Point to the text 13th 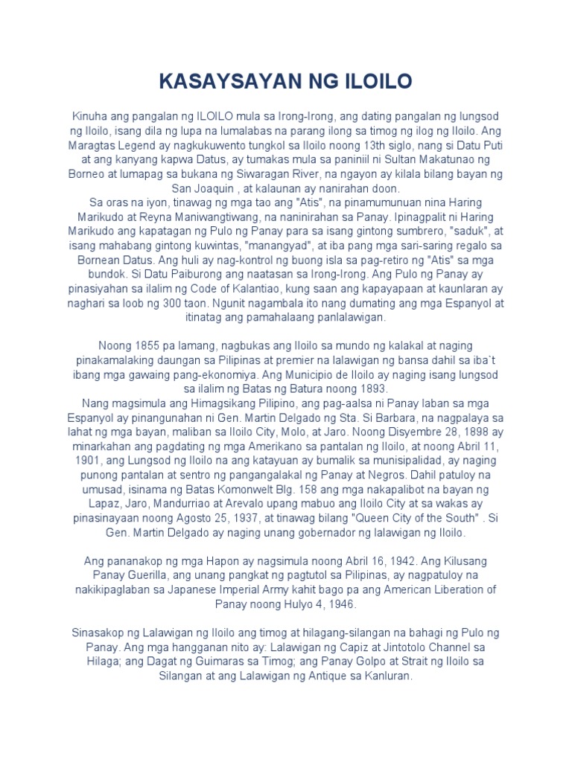pyautogui.click(x=372, y=145)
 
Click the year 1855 pyautogui.click(x=147, y=346)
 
